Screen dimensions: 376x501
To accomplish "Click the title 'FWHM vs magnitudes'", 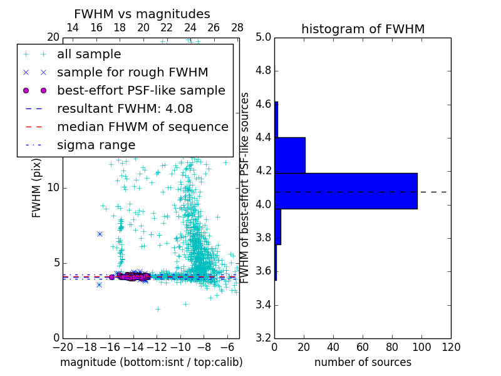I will (142, 14).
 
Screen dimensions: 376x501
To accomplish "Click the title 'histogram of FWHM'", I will (363, 29).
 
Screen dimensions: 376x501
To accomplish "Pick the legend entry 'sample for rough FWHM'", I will (132, 73).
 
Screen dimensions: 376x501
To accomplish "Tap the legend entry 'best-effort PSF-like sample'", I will (141, 91).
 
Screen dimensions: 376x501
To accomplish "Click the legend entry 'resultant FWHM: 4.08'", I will (125, 109).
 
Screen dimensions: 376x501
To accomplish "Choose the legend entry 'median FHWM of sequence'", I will (142, 127).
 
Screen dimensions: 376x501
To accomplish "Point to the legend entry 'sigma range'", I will (96, 145).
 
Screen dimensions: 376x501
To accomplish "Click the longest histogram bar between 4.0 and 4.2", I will (346, 191).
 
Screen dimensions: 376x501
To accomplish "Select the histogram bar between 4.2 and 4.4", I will (290, 155).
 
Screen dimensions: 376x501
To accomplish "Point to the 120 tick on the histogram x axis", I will (451, 347).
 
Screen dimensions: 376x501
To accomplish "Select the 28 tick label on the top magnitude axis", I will (237, 28).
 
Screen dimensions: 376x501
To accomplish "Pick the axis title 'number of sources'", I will (363, 362).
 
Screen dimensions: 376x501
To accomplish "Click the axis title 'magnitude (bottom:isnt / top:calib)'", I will (151, 362).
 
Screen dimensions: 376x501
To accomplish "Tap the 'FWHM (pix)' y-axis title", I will (37, 188).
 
